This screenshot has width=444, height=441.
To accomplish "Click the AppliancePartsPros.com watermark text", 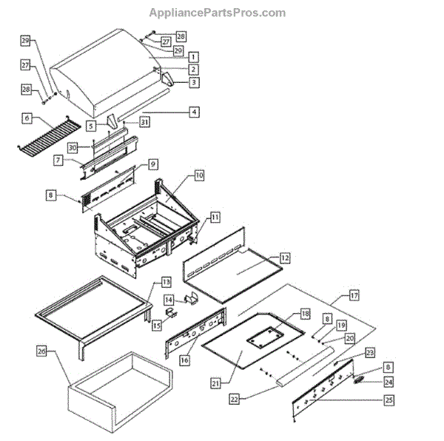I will (x=217, y=13).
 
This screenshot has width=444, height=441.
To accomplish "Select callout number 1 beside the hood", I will (x=192, y=56).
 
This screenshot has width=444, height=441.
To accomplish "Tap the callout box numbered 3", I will (x=192, y=82).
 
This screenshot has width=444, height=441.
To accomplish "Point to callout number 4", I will (x=193, y=112).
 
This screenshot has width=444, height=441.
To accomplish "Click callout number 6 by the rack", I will (x=27, y=118).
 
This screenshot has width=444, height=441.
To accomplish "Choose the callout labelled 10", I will (x=199, y=175).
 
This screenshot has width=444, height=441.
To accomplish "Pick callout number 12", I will (x=285, y=258).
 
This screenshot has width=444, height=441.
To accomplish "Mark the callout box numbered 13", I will (x=166, y=282).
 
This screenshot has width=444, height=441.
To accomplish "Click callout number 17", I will (x=354, y=295).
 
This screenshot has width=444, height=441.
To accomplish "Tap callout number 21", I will (x=215, y=383).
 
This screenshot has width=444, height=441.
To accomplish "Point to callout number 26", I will (x=41, y=351).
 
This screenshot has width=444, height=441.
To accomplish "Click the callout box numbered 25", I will (x=388, y=400).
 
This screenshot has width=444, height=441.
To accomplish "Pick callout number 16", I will (x=185, y=359).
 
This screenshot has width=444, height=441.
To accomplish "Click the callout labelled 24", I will (x=388, y=383).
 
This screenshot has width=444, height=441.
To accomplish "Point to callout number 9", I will (x=153, y=163).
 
